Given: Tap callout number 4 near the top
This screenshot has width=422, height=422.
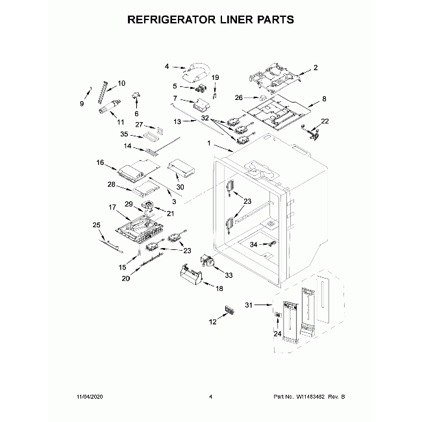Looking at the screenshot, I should pos(166,66).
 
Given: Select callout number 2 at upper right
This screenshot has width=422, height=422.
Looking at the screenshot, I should pos(316,68).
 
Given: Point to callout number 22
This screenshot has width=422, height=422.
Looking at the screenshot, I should pos(325,121).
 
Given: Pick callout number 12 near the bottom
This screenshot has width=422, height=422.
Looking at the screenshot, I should pos(212,322).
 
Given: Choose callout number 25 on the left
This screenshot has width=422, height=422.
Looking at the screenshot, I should pos(97,225).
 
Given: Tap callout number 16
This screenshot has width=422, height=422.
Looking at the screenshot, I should pos(101,162).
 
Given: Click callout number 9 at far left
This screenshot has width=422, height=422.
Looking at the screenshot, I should pos(82,104).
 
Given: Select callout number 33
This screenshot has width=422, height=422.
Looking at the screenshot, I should pos(228,275).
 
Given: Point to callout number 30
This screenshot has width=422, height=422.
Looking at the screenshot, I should pos(180,187).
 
